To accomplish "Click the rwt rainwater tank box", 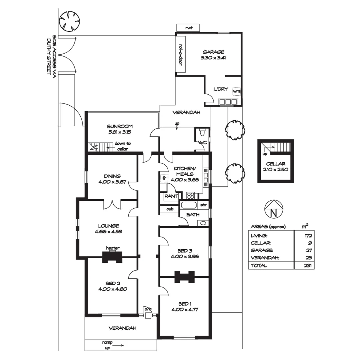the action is click(x=188, y=28).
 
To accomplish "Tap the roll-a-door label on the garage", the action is click(x=180, y=54).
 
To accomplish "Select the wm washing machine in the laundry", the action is click(x=236, y=91).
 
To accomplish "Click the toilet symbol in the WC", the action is click(x=202, y=132).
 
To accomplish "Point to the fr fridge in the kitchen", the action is click(x=164, y=178).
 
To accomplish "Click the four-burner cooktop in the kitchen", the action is click(x=191, y=195).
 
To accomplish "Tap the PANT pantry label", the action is click(x=171, y=196).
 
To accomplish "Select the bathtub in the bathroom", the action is click(x=189, y=205).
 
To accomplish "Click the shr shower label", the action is click(x=203, y=205).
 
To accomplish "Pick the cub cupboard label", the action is click(x=170, y=209).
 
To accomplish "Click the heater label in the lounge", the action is click(x=113, y=248).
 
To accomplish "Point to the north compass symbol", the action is click(x=273, y=209).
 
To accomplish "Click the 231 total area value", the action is click(x=308, y=265).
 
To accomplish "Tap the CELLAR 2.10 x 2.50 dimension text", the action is click(x=276, y=169).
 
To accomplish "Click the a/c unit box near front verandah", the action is click(x=148, y=315).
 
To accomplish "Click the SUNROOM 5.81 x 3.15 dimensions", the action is click(x=120, y=132).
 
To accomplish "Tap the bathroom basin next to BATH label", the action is click(x=203, y=223).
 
